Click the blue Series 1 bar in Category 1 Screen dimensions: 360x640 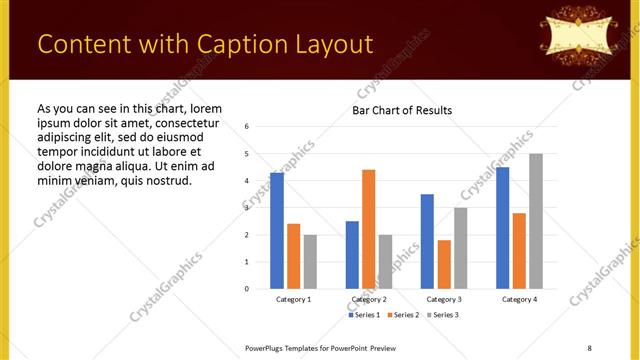click(277, 231)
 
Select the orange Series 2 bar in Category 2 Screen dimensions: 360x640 click(368, 229)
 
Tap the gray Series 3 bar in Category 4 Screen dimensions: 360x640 click(536, 221)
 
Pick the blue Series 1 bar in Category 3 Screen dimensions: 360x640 click(427, 241)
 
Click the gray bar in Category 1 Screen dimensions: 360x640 click(310, 262)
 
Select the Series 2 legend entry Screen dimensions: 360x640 click(405, 315)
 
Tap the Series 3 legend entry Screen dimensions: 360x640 click(444, 315)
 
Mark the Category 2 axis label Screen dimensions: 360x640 click(369, 299)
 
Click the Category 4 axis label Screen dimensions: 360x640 click(519, 299)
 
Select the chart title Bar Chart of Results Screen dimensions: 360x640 click(402, 110)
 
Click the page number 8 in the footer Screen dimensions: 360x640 click(589, 347)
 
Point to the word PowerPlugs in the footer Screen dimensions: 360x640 click(267, 347)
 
